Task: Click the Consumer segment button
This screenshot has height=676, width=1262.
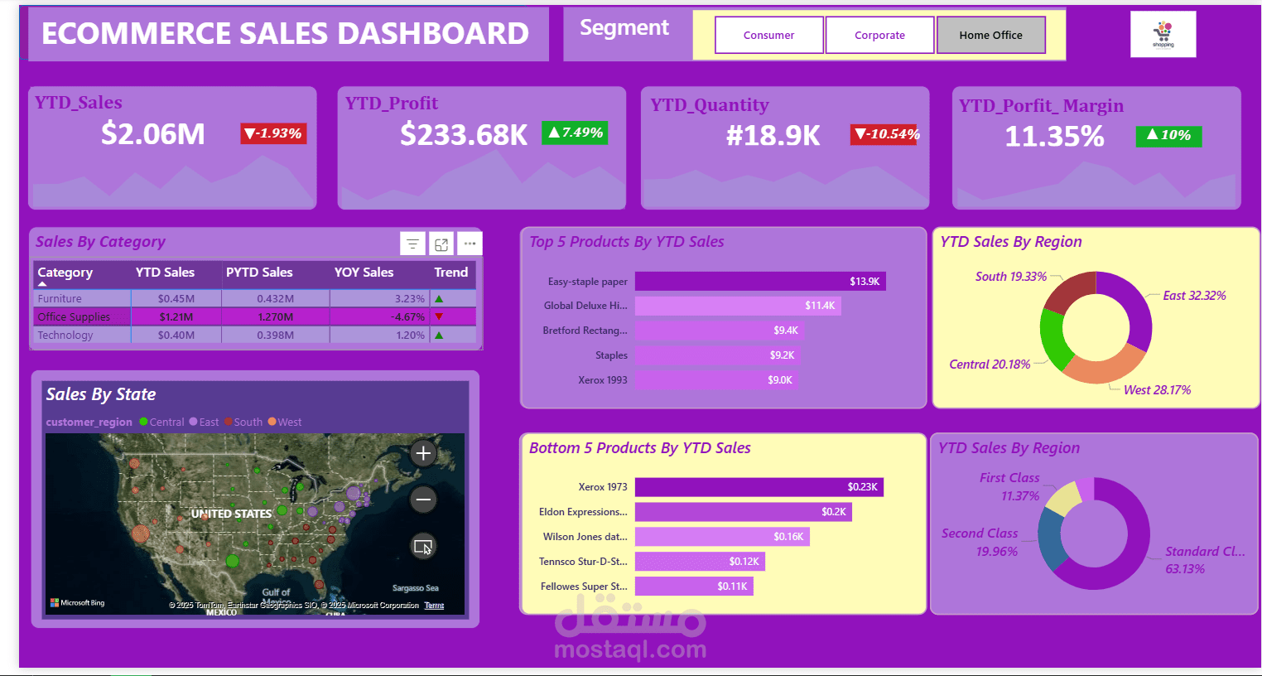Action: coord(768,35)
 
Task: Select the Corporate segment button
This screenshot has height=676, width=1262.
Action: coord(879,35)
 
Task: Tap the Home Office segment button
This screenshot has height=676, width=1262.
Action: coord(990,35)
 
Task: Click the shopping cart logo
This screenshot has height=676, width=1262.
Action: coord(1163,34)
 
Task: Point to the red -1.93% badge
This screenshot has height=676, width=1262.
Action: coord(273,133)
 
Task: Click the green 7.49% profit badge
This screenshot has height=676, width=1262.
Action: coord(575,133)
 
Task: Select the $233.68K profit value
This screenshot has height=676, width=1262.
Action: coord(464,134)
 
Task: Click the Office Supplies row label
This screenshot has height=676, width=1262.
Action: coord(74,316)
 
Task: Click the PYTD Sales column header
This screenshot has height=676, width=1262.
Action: coord(259,272)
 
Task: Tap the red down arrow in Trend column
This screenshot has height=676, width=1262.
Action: coord(439,316)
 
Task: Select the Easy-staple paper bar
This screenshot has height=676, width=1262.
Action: coord(760,282)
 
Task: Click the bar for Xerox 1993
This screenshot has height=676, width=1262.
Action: coord(716,380)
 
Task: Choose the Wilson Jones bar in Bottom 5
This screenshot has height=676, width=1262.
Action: coord(722,537)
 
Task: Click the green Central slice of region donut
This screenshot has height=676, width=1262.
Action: coord(1052,338)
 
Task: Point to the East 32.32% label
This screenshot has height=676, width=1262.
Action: coord(1193,296)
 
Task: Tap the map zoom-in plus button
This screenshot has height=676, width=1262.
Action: coord(423,453)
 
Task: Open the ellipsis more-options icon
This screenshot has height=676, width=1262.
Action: coord(470,244)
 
